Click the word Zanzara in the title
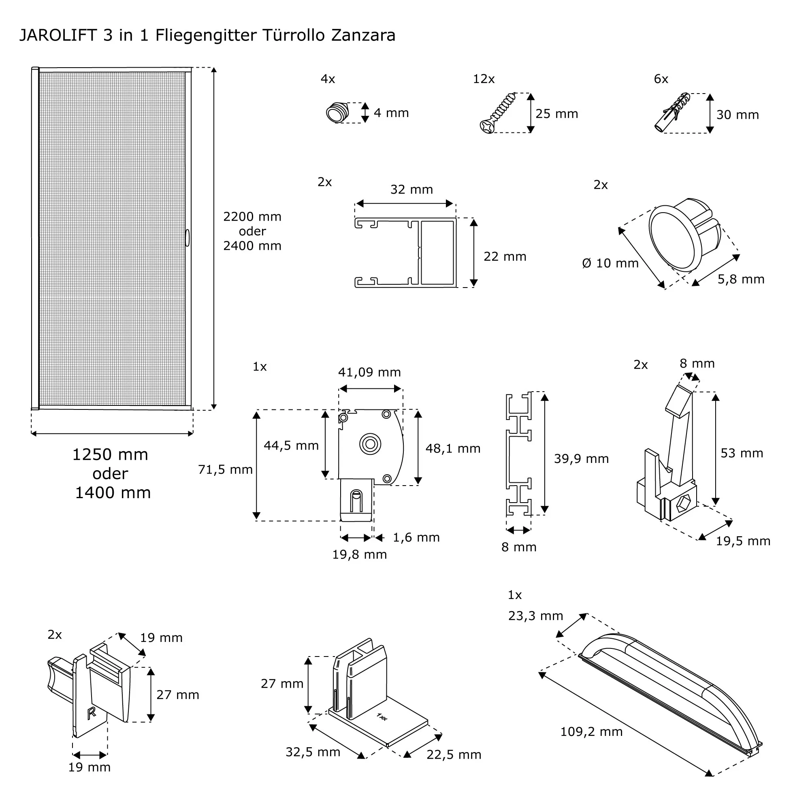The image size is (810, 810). [363, 35]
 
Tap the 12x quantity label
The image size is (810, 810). [484, 79]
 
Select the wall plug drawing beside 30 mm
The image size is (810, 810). [672, 113]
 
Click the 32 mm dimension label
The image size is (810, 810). [411, 190]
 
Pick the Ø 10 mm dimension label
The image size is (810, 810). [610, 263]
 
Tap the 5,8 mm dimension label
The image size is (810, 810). [740, 279]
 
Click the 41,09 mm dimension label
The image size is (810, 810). [369, 372]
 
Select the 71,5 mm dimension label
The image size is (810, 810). [225, 469]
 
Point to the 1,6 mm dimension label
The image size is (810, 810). [416, 537]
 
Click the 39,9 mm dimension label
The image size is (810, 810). [581, 459]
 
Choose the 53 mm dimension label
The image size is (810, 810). [741, 453]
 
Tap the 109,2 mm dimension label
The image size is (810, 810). [591, 732]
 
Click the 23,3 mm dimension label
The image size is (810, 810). [535, 616]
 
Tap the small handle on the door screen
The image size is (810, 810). [188, 238]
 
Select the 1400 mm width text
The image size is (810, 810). [113, 492]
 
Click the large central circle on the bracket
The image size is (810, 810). [370, 443]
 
